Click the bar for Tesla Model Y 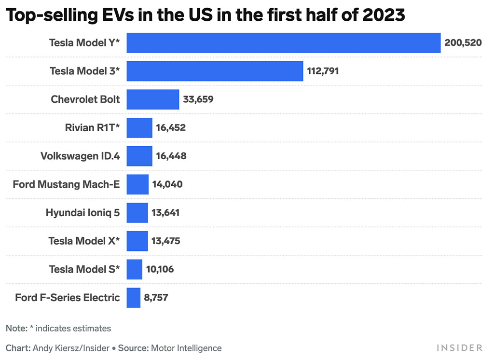click(284, 43)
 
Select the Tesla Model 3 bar click(215, 71)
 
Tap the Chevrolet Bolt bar click(153, 99)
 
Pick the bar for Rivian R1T click(139, 128)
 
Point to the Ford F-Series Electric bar click(134, 297)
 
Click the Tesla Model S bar click(135, 269)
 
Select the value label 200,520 click(463, 43)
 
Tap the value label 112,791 click(323, 71)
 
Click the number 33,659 click(198, 99)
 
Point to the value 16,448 click(171, 156)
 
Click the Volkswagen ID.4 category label click(80, 156)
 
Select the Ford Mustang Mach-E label click(66, 184)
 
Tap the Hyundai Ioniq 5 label click(82, 212)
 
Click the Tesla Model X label click(84, 241)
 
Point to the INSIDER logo click(459, 348)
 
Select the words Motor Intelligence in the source click(186, 348)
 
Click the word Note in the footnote click(16, 329)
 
